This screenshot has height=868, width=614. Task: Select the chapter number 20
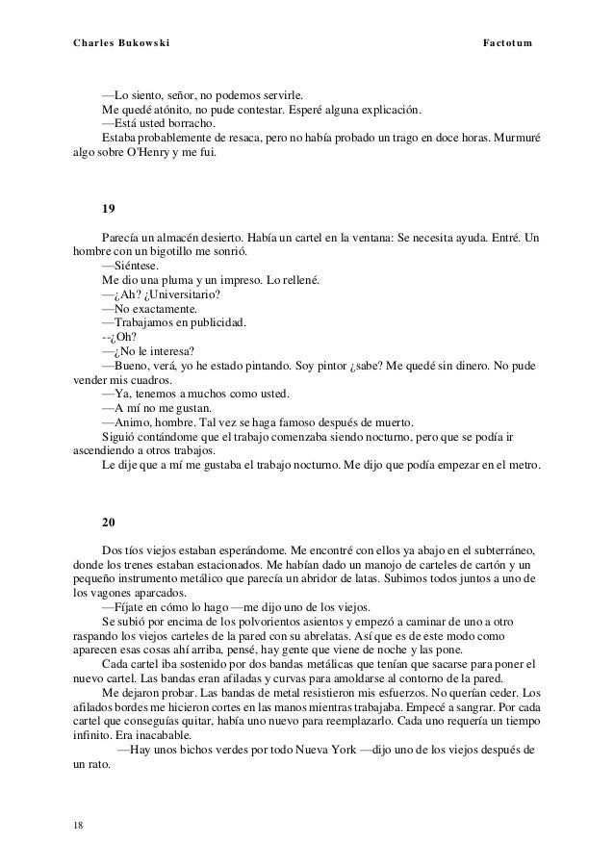[109, 523]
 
